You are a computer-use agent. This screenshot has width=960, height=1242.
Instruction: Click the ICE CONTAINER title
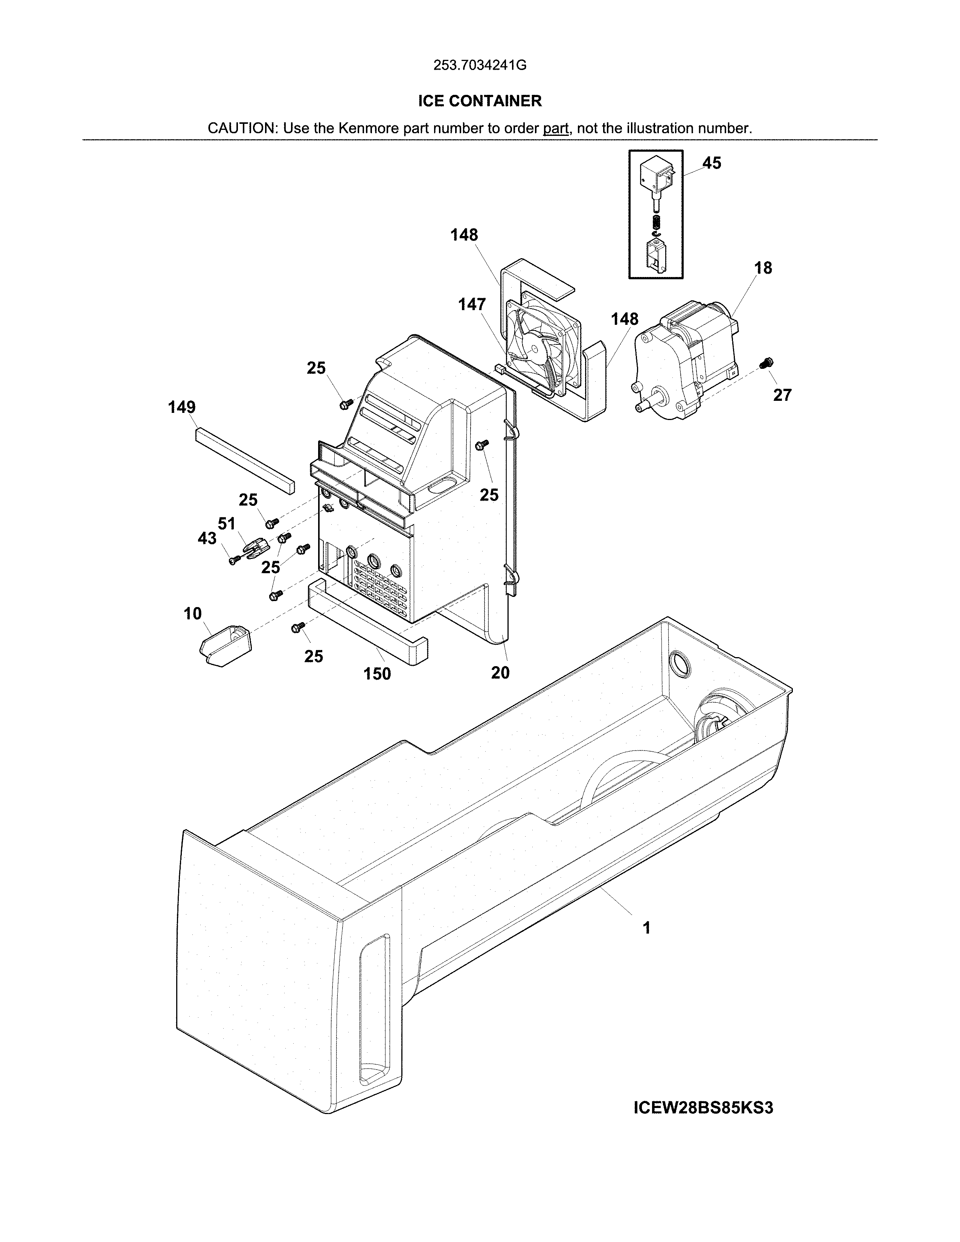pyautogui.click(x=479, y=101)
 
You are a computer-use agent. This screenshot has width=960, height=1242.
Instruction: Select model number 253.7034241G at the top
pyautogui.click(x=479, y=65)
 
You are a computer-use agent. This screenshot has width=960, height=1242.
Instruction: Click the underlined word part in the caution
pyautogui.click(x=556, y=128)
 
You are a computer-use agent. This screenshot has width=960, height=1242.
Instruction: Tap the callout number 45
pyautogui.click(x=712, y=163)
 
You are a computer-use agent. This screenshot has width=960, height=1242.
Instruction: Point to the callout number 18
pyautogui.click(x=763, y=268)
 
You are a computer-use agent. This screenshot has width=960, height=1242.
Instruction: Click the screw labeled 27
pyautogui.click(x=766, y=362)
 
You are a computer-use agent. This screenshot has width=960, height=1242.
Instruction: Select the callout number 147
pyautogui.click(x=472, y=305)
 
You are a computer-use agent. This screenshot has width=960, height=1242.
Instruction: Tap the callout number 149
pyautogui.click(x=181, y=407)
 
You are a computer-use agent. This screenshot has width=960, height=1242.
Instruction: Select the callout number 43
pyautogui.click(x=207, y=538)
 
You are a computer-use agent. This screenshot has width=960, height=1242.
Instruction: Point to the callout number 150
pyautogui.click(x=377, y=674)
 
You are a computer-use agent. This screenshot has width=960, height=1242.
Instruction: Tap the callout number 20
pyautogui.click(x=500, y=673)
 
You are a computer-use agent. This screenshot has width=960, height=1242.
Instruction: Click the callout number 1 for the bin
pyautogui.click(x=646, y=928)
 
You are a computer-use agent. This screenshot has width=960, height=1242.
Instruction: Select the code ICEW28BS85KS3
pyautogui.click(x=703, y=1108)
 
